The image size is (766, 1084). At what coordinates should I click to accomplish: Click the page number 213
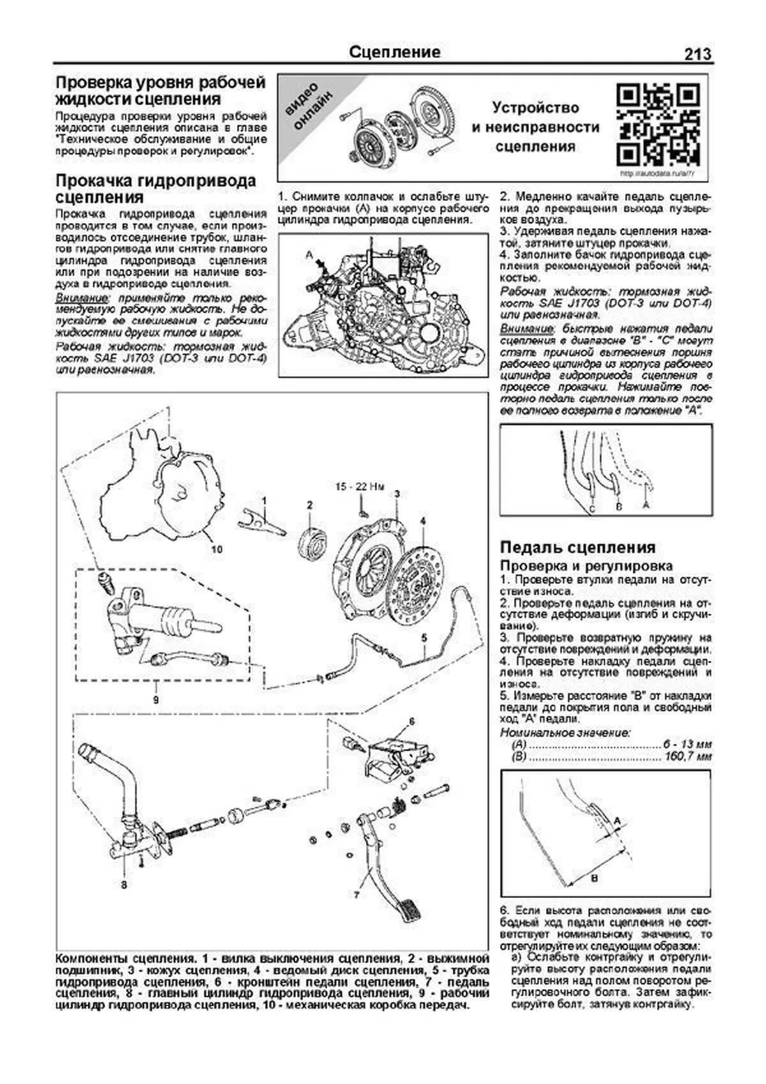point(697,54)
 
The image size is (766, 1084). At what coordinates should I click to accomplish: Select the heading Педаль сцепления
point(578,547)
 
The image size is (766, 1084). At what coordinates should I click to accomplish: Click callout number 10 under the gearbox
point(216,549)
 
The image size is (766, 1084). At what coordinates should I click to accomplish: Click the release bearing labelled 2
point(312,535)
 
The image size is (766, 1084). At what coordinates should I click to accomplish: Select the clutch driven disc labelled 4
point(422,582)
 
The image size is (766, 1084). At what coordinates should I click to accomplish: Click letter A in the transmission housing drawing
point(310,255)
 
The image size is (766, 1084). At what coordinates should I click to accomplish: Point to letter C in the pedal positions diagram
point(592,509)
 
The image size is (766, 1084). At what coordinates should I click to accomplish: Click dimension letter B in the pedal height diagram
point(594,878)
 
